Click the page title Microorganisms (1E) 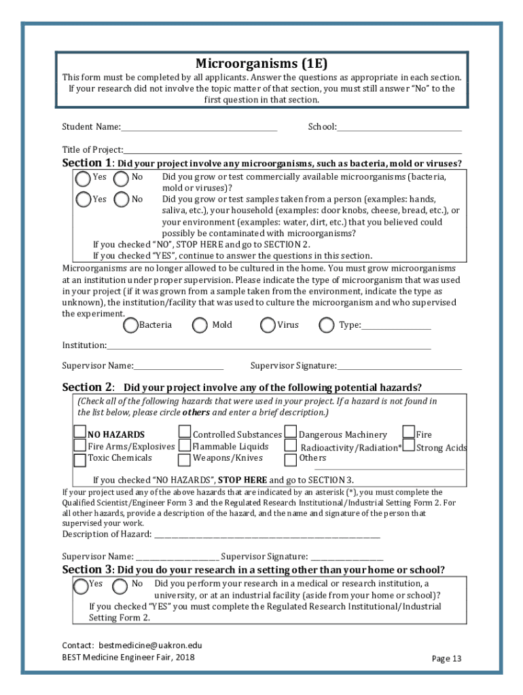click(261, 64)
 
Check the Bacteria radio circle click(131, 326)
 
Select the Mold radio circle click(200, 326)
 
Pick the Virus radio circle click(268, 326)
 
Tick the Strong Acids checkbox click(409, 447)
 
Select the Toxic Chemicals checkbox click(80, 459)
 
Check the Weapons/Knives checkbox click(184, 459)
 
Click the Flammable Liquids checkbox click(184, 447)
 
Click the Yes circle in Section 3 click(81, 586)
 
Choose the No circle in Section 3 click(120, 586)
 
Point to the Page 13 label click(446, 658)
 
